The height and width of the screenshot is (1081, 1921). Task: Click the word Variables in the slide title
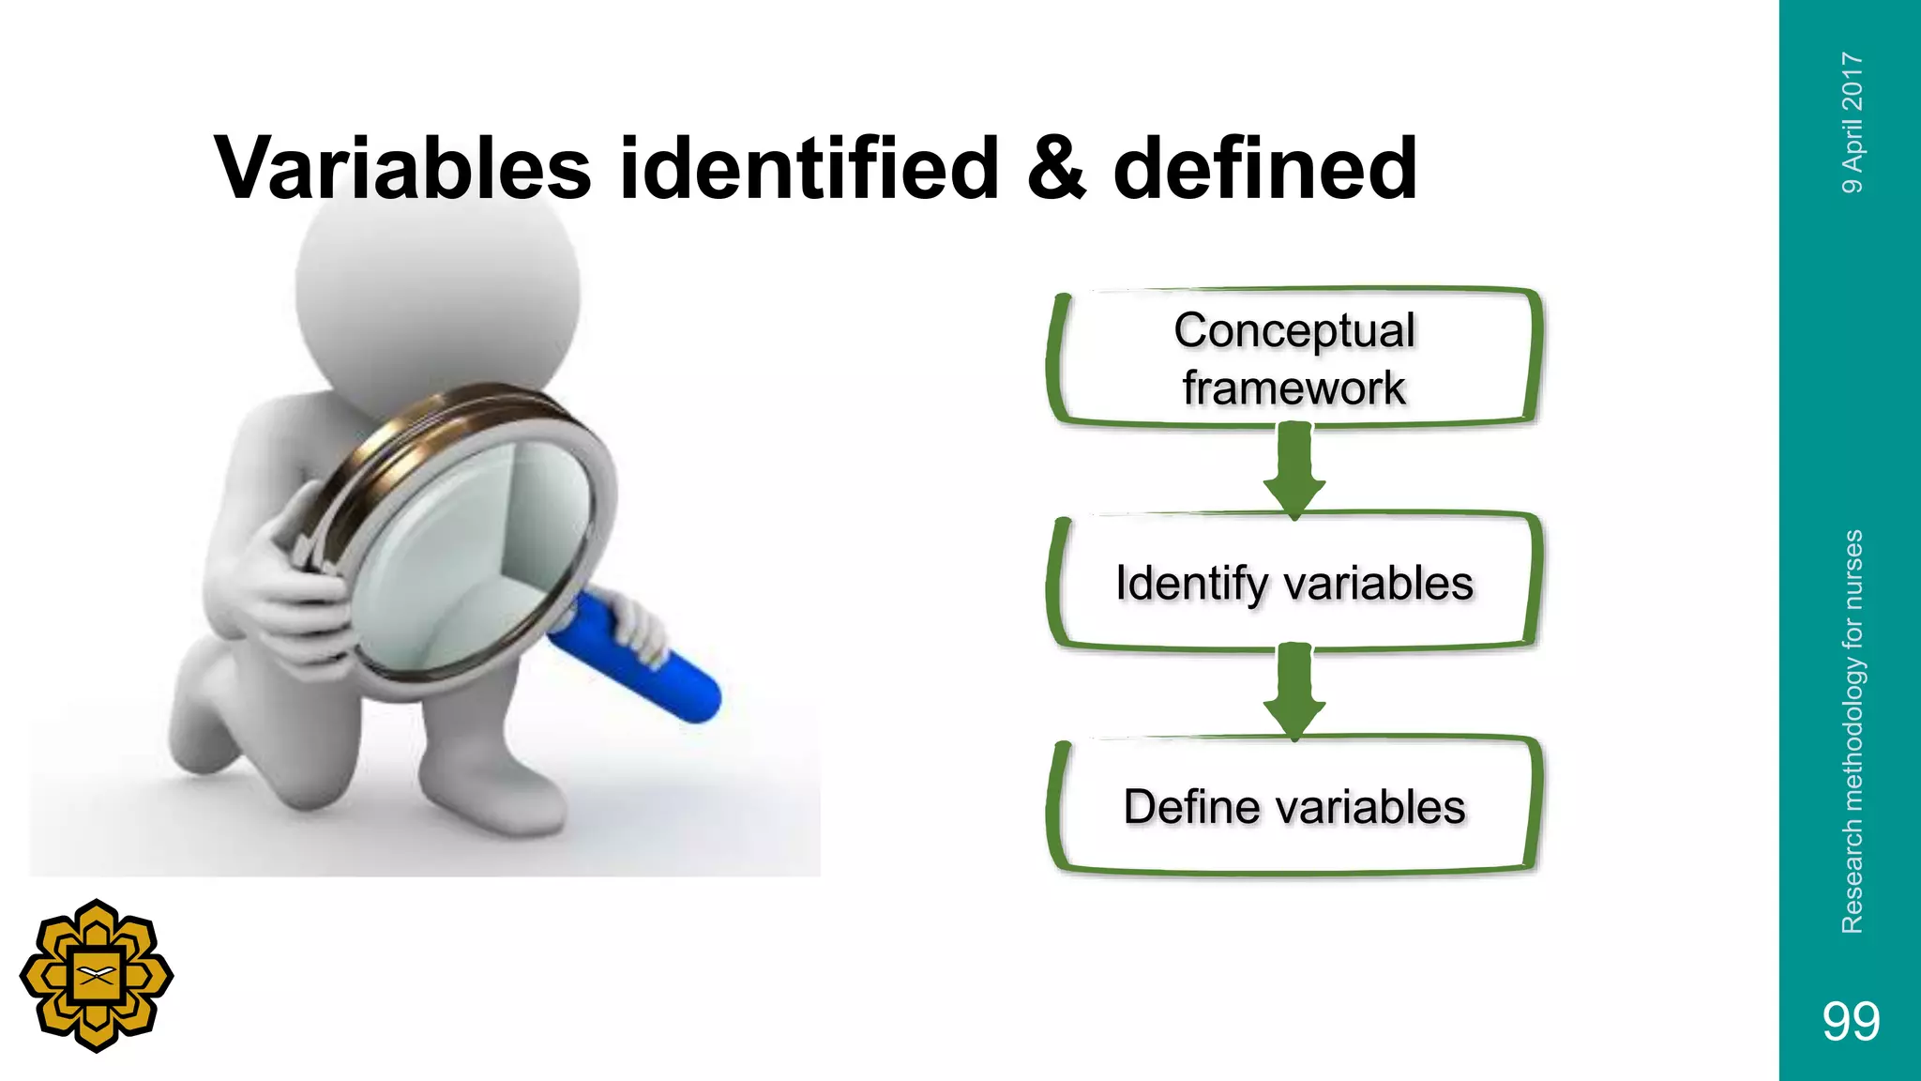pos(403,169)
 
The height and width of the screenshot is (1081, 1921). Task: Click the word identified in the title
pos(809,169)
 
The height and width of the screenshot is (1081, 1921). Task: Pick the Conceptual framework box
pos(1294,358)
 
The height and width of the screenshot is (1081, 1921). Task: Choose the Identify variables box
pos(1294,583)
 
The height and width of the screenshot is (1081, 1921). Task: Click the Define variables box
pos(1294,806)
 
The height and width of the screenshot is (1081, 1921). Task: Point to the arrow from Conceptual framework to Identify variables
pos(1294,470)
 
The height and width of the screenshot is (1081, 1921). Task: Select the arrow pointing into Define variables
pos(1294,693)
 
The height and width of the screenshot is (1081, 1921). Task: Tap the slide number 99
pos(1851,1021)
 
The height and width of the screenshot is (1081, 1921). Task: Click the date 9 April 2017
pos(1852,122)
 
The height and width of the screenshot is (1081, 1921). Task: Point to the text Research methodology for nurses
pos(1852,732)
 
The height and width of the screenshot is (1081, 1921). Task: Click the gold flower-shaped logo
pos(97,976)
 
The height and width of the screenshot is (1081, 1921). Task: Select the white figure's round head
pos(436,282)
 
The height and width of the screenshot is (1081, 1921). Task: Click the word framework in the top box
pos(1294,388)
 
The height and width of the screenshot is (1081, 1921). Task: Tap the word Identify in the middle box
pos(1191,584)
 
